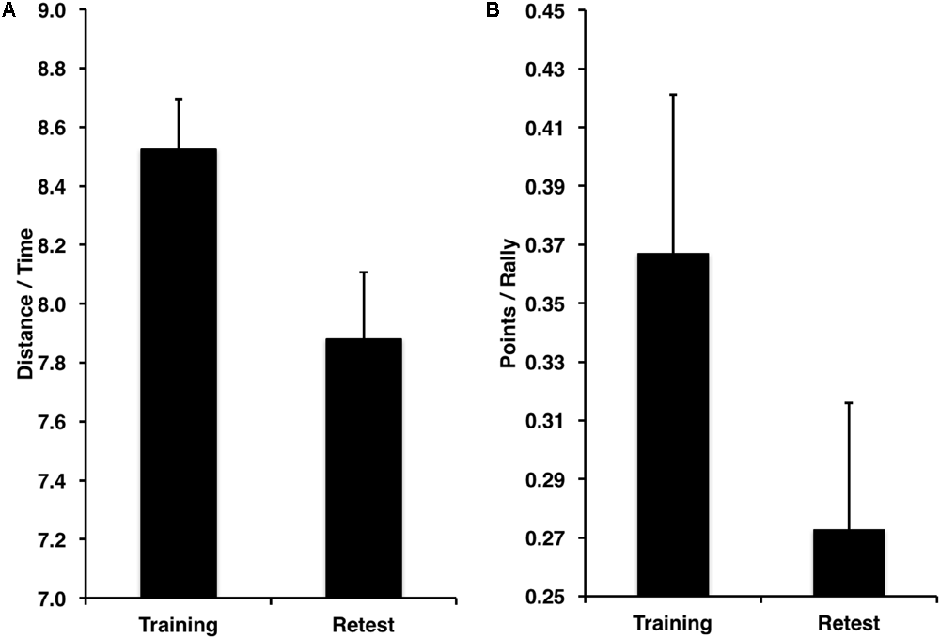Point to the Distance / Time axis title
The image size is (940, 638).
(x=25, y=303)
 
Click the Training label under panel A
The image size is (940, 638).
(x=179, y=624)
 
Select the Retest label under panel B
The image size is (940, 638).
(x=850, y=624)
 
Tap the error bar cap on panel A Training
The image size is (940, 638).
(x=179, y=99)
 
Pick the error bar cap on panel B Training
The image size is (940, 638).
(x=672, y=95)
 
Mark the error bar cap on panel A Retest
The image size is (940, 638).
(x=363, y=272)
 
